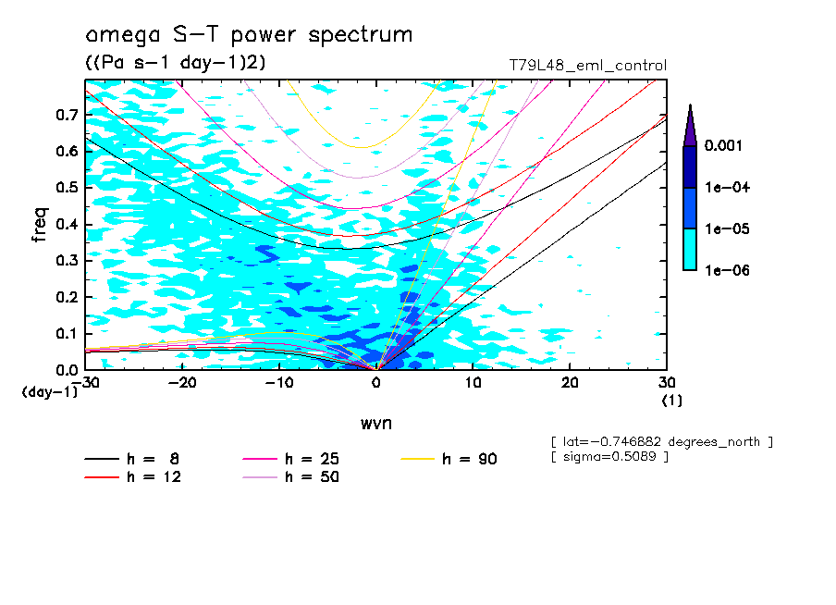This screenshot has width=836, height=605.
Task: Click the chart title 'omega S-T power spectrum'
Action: pos(248,35)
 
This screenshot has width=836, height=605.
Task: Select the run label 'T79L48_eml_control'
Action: pos(587,66)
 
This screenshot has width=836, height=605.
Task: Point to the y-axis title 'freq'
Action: pos(40,225)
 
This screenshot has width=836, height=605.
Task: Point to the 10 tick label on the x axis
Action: pos(473,383)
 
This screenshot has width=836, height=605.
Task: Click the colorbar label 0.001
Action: pos(725,146)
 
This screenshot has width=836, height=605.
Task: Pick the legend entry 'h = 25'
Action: pos(312,459)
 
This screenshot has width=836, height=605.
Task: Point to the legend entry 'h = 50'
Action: pos(312,477)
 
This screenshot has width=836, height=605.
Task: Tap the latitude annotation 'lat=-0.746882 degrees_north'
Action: pos(661,441)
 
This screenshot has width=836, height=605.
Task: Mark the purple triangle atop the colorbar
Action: pos(690,125)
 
